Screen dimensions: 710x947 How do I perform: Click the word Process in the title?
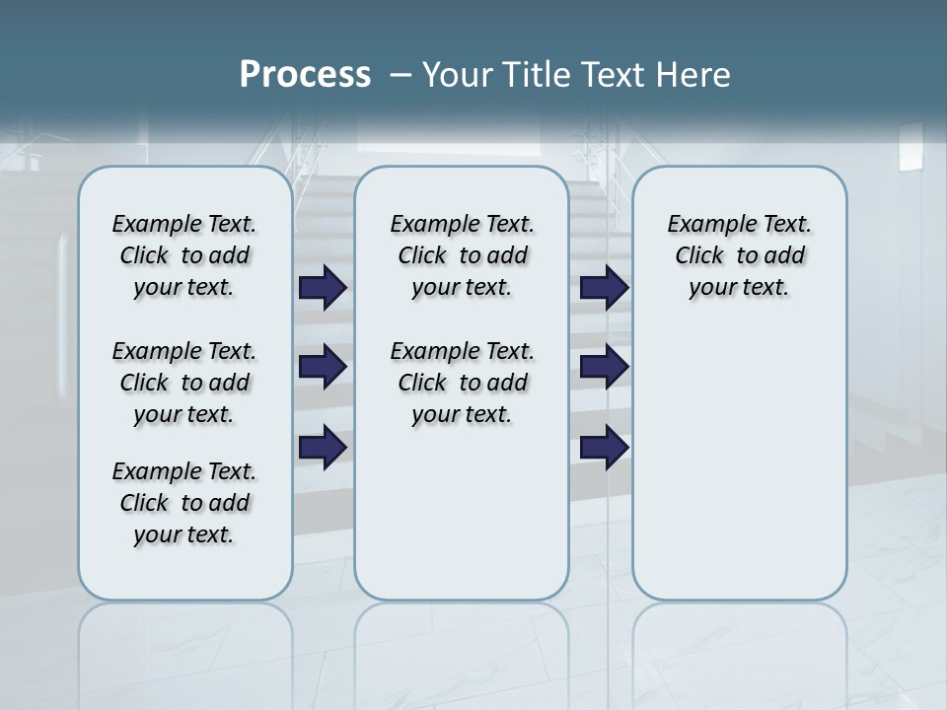click(x=305, y=74)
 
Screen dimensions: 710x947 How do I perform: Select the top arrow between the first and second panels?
click(x=323, y=287)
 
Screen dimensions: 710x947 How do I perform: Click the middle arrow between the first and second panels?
click(x=323, y=367)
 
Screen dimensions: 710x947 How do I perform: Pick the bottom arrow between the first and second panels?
click(x=323, y=447)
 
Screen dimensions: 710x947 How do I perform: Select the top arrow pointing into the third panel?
click(x=604, y=287)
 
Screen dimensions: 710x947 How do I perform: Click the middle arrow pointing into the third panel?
click(x=604, y=367)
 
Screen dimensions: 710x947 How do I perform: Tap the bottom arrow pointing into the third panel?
click(x=604, y=447)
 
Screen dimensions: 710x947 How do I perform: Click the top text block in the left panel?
click(x=184, y=255)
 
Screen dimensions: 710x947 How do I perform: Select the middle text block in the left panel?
click(x=184, y=383)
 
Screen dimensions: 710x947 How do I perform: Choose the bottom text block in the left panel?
click(x=184, y=503)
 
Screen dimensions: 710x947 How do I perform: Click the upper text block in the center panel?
click(x=462, y=255)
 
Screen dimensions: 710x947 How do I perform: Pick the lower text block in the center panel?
click(x=462, y=383)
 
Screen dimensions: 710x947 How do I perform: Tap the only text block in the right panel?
click(x=740, y=255)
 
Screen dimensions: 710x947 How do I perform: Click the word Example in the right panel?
click(x=705, y=225)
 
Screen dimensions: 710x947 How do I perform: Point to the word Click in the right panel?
click(x=699, y=256)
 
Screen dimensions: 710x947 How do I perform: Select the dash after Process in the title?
click(x=401, y=74)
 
